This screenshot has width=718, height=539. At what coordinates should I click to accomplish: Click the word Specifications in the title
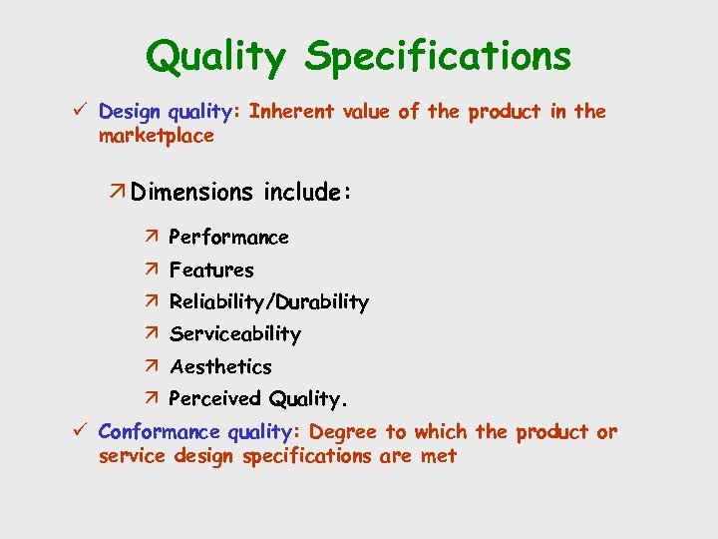(x=439, y=57)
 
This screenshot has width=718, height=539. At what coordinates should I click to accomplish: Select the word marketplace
(x=156, y=136)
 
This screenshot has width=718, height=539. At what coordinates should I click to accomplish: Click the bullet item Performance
(x=228, y=238)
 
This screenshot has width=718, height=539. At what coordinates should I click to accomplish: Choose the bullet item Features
(x=211, y=269)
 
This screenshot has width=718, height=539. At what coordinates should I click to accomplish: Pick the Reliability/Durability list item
(x=268, y=301)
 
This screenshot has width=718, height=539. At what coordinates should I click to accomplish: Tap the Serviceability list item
(x=234, y=334)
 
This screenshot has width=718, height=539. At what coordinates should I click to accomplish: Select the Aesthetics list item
(x=220, y=366)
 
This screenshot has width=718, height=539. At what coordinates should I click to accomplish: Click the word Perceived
(x=214, y=399)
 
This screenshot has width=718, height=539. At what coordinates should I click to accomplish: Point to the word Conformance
(x=159, y=432)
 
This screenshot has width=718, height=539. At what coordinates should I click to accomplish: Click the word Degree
(x=344, y=432)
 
